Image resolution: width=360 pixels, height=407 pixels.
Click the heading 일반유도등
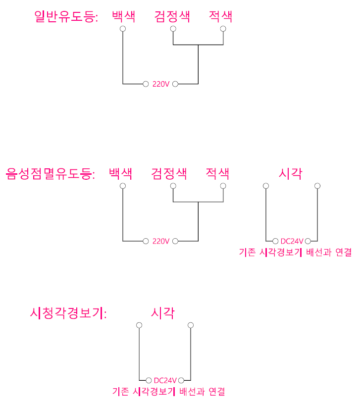pyautogui.click(x=66, y=17)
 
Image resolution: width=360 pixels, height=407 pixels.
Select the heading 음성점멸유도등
pyautogui.click(x=50, y=174)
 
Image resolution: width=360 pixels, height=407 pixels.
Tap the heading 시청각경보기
pyautogui.click(x=68, y=313)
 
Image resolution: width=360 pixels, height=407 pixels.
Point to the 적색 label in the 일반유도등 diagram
pyautogui.click(x=221, y=17)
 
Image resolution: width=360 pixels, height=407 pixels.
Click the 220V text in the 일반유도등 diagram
pyautogui.click(x=161, y=84)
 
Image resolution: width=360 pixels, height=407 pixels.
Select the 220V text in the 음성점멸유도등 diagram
pyautogui.click(x=161, y=241)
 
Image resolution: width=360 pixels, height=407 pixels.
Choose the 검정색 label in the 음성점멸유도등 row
pyautogui.click(x=169, y=174)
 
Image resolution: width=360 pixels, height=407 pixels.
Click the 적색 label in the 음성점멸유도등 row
pyautogui.click(x=218, y=174)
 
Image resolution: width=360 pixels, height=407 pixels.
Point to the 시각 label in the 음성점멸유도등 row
pyautogui.click(x=291, y=174)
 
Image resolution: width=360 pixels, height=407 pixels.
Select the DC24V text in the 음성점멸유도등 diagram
pyautogui.click(x=292, y=241)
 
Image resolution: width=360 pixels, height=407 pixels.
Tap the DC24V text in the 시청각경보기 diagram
pyautogui.click(x=165, y=380)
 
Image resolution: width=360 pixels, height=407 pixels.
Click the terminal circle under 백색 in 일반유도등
pyautogui.click(x=123, y=29)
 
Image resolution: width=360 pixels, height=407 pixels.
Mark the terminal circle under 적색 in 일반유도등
pyautogui.click(x=223, y=29)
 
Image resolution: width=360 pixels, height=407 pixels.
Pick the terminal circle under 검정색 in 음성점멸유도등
pyautogui.click(x=173, y=186)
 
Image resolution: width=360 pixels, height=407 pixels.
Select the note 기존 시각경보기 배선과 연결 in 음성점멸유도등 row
pyautogui.click(x=295, y=253)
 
